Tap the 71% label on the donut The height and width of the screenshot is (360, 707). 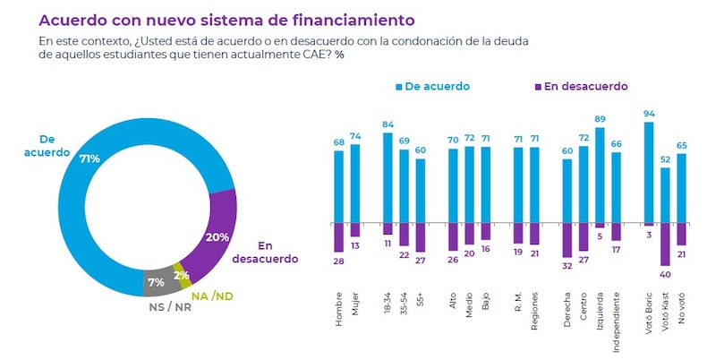pos(89,159)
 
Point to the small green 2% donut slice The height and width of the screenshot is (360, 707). pos(183,276)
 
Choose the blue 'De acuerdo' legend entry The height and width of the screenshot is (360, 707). pos(434,87)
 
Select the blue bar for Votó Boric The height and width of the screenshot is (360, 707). pos(648,173)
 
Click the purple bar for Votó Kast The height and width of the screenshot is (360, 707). pos(665,244)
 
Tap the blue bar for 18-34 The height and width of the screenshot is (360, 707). pos(388,177)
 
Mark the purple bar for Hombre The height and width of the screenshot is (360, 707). pos(339,237)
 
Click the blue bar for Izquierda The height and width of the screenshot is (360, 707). pos(600,176)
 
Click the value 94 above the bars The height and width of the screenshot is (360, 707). pos(648,114)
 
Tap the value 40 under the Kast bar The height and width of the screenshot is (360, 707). pos(665,272)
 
